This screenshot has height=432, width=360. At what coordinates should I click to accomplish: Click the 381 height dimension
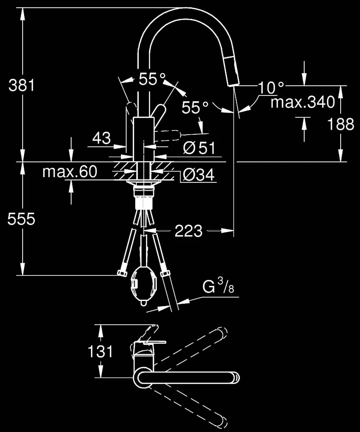tap(22, 86)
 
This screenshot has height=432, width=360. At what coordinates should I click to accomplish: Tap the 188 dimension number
tap(341, 124)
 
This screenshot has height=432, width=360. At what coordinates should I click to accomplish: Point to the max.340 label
tap(303, 103)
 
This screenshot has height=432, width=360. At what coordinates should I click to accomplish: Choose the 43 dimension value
tap(102, 138)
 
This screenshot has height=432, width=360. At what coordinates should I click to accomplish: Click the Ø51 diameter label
tap(199, 148)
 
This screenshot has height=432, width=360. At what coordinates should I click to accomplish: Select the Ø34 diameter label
tap(198, 175)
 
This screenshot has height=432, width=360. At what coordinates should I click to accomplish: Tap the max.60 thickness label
tap(69, 172)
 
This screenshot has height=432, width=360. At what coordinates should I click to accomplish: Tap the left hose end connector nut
tap(122, 274)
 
